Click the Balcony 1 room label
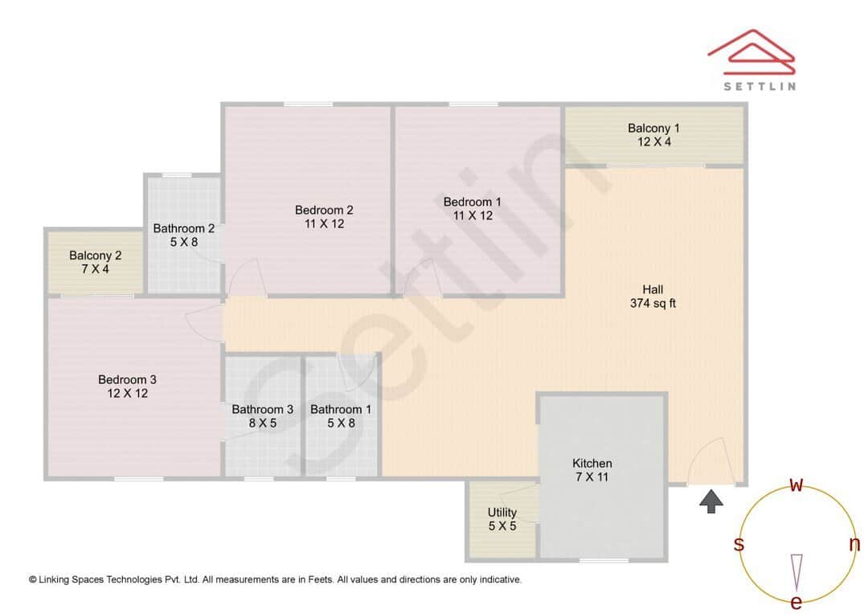(x=653, y=128)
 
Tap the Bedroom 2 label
(x=324, y=210)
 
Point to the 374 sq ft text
(x=653, y=303)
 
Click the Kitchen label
(x=592, y=463)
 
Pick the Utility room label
(x=502, y=512)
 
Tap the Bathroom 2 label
(x=184, y=228)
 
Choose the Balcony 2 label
(x=95, y=256)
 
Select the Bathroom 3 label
(x=263, y=409)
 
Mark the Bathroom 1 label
(x=341, y=409)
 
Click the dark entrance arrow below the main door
(x=710, y=502)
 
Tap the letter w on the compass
(x=796, y=485)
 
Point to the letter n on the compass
(x=854, y=544)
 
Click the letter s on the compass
(x=738, y=545)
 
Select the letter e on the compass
(x=796, y=602)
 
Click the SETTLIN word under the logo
(x=759, y=86)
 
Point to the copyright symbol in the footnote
(x=33, y=579)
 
